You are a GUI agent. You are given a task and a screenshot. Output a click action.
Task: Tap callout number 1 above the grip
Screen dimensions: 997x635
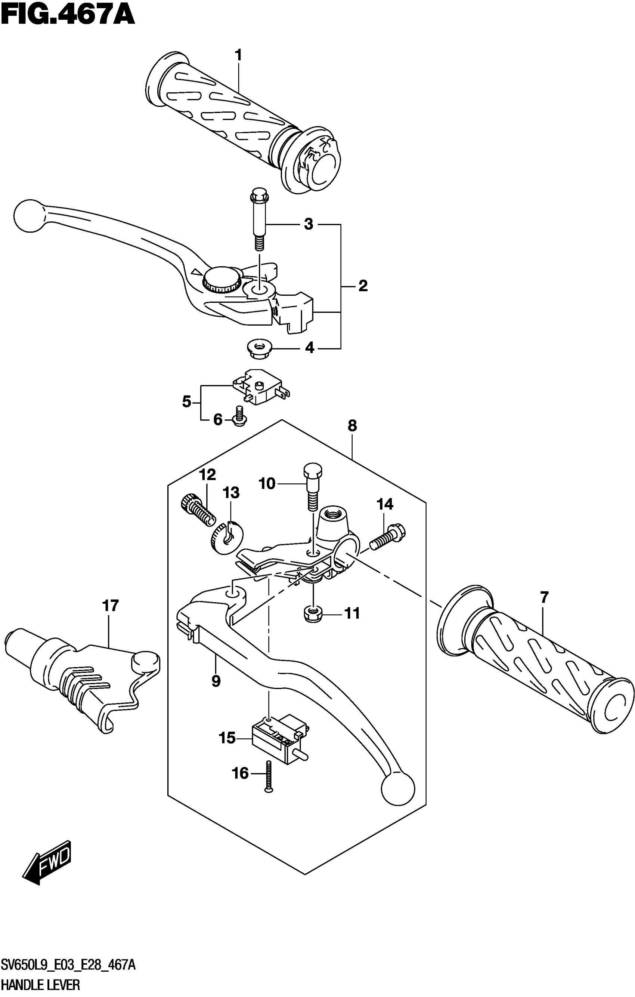pos(238,55)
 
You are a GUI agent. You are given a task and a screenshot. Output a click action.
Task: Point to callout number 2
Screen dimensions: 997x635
pos(362,286)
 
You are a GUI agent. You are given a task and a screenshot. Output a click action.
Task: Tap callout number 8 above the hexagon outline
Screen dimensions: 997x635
pos(352,426)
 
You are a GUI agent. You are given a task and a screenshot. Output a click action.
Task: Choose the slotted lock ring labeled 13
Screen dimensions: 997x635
pos(226,538)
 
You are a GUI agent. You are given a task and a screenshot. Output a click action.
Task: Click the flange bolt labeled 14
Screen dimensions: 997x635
pos(388,538)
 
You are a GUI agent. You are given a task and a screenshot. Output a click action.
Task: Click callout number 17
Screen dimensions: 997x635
pos(110,606)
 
